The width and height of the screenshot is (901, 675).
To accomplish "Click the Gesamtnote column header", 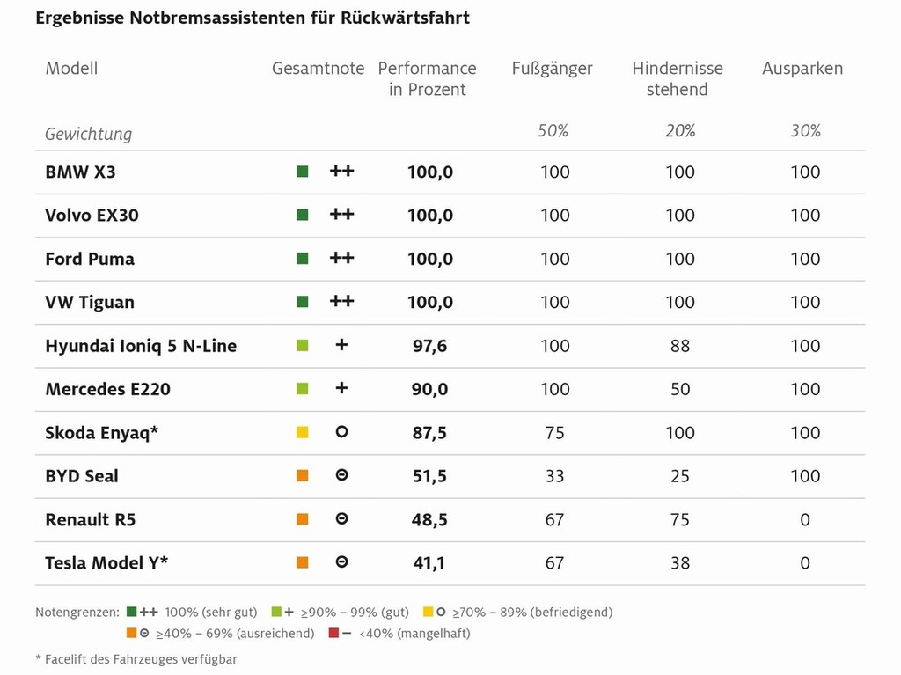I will (318, 69).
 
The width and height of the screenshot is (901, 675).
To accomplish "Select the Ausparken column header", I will (802, 69).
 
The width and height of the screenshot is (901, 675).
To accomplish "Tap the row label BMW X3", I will (80, 172).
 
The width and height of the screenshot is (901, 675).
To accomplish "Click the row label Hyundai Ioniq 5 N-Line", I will (141, 346).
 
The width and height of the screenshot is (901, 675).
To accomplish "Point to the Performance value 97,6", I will (429, 346).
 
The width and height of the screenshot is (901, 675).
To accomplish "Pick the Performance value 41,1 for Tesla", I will (429, 563).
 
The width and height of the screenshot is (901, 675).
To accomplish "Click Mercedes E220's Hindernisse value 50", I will (680, 389).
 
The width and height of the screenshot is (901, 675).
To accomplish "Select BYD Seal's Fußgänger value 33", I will (554, 476).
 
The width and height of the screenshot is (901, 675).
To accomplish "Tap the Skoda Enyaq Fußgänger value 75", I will (554, 433).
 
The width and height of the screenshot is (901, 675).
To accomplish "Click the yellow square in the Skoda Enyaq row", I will (303, 433).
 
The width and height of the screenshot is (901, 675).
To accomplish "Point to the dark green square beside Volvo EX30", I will (303, 216).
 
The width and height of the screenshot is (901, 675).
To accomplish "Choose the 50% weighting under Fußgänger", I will (553, 131).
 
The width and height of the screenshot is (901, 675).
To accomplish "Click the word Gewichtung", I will (88, 134).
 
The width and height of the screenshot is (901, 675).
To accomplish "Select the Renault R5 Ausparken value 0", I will (805, 520).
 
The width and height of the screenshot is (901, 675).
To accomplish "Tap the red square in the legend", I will (333, 633).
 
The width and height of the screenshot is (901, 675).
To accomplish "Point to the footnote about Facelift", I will (136, 658).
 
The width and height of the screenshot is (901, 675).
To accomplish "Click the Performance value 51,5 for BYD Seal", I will (429, 476).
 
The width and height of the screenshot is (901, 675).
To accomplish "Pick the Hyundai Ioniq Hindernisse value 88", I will (680, 346).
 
